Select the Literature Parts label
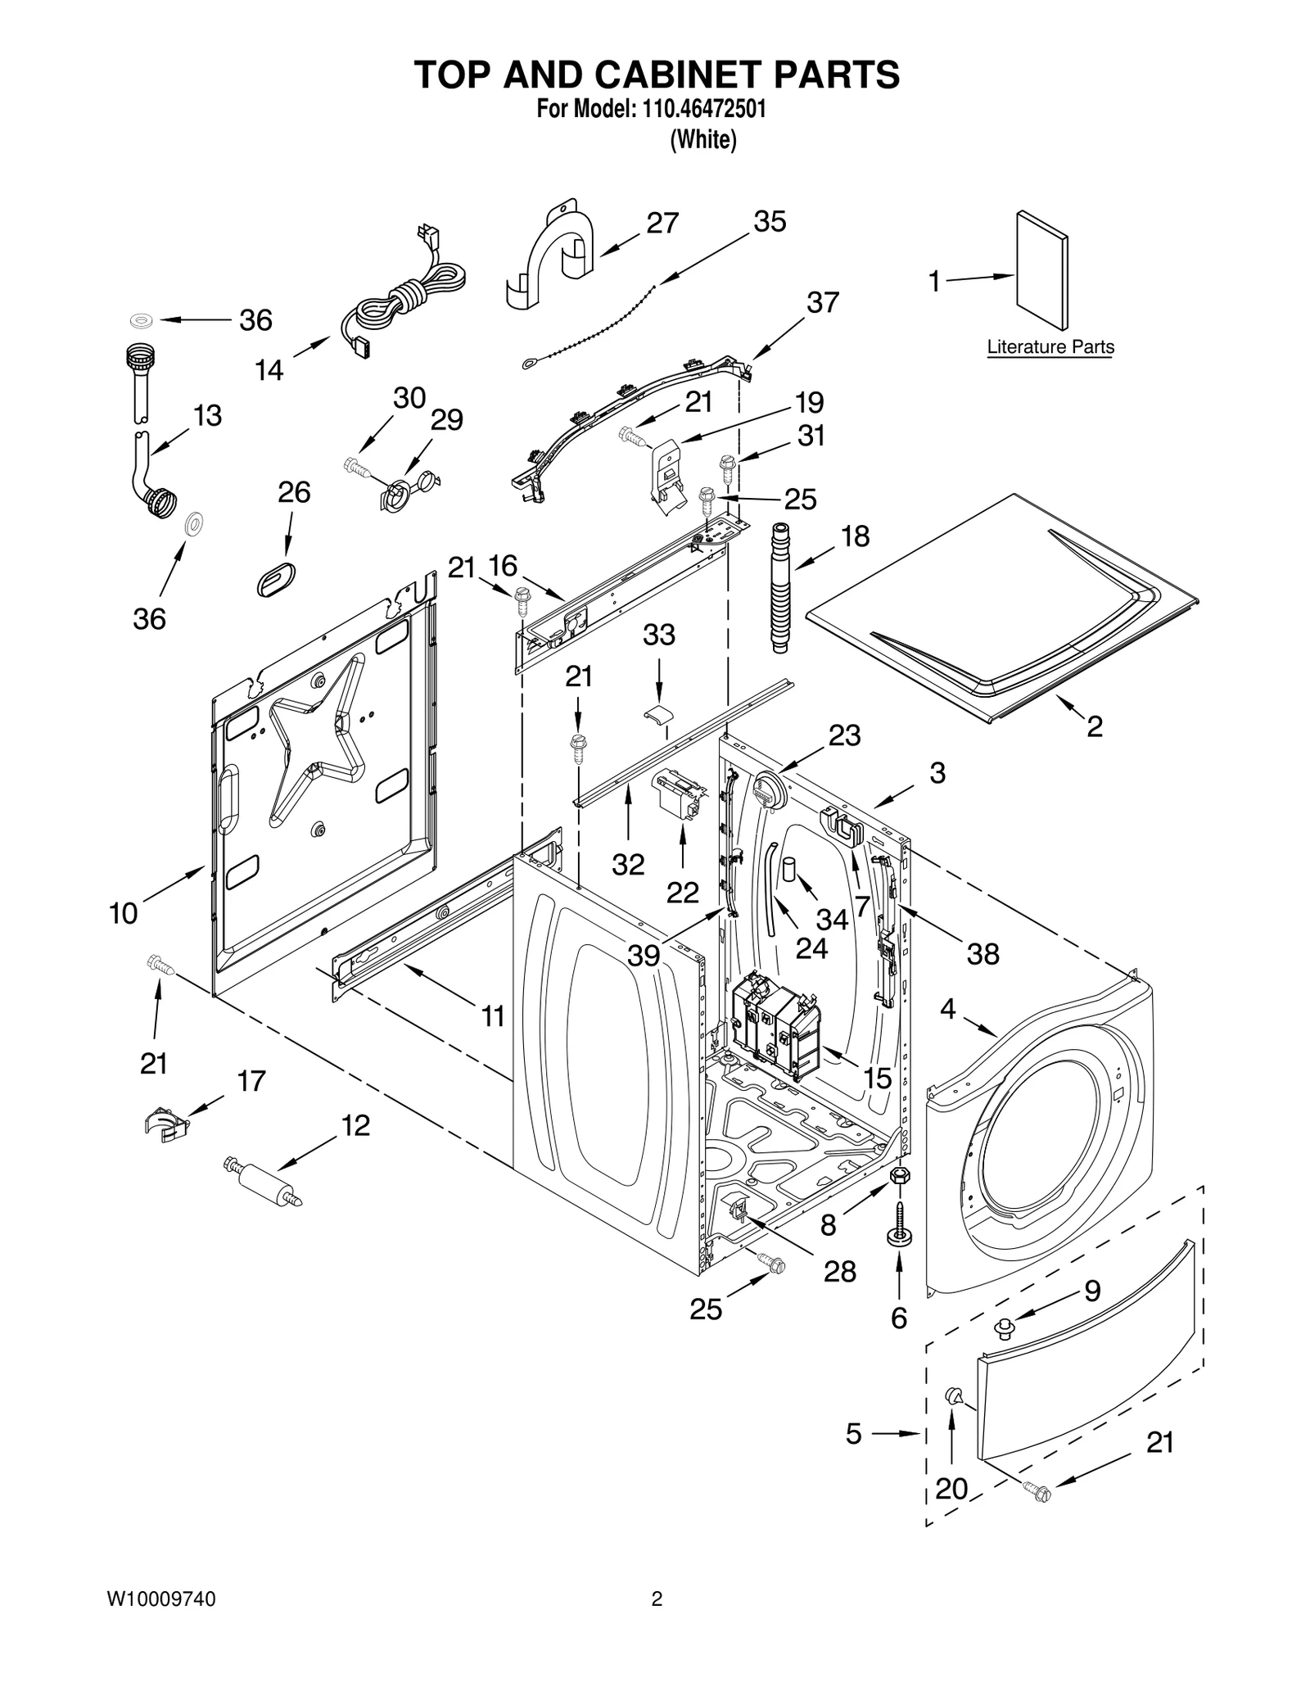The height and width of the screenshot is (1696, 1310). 1050,346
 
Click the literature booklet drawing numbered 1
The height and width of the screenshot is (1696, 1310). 1041,270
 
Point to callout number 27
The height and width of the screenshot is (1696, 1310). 662,223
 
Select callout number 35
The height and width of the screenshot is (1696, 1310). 770,221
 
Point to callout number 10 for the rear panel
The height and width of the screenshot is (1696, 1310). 124,913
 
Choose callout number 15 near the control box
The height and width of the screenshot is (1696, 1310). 877,1078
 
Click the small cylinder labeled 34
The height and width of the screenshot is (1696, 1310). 788,868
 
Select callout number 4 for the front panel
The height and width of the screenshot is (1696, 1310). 947,1009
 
